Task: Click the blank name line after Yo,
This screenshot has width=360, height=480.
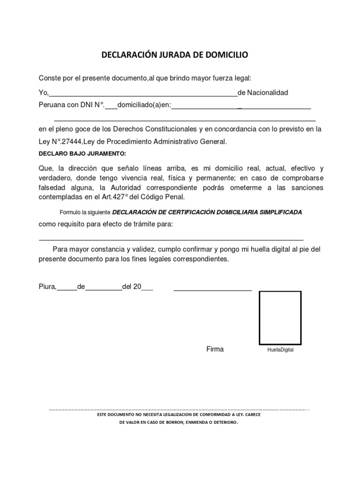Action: tap(143, 94)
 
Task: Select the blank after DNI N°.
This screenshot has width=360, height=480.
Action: tap(111, 107)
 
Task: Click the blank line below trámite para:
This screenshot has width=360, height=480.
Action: tap(171, 239)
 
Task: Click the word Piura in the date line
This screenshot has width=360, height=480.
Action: tap(47, 287)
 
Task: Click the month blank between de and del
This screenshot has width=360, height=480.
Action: tap(104, 288)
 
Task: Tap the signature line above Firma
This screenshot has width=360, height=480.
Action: tap(213, 290)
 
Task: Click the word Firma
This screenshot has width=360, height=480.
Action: tap(215, 349)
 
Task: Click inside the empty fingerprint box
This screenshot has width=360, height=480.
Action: tap(280, 318)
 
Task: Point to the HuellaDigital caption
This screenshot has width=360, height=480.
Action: tap(280, 350)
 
